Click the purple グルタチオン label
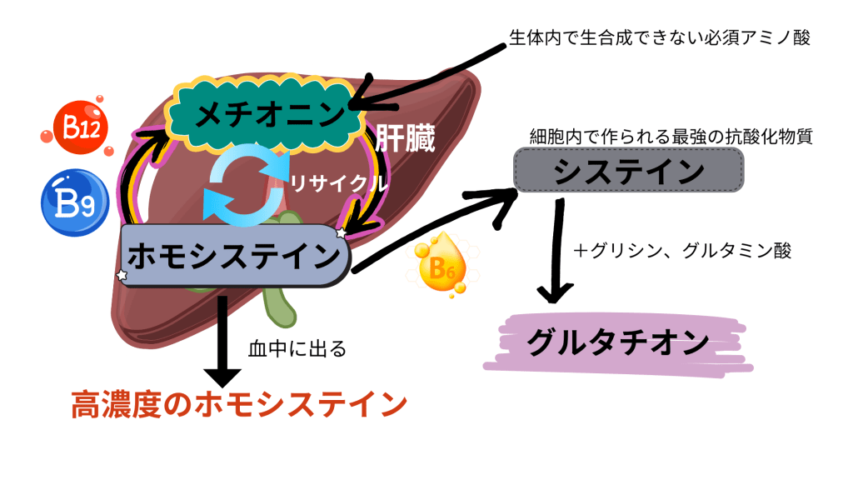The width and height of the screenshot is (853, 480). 619,342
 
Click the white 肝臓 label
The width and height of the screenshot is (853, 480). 406,139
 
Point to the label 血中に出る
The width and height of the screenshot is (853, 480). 297,348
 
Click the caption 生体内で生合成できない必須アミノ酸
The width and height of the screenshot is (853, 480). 659,37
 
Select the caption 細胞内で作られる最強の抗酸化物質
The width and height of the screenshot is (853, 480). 671,136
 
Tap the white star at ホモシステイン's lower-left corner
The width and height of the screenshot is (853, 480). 122,275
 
